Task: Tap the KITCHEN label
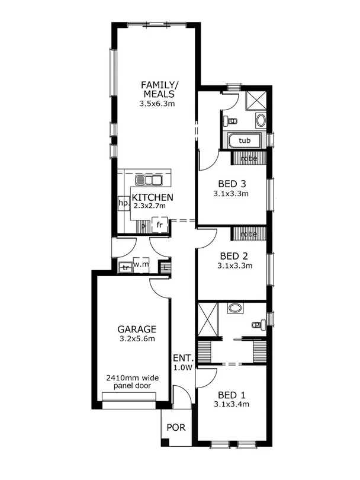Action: pyautogui.click(x=152, y=197)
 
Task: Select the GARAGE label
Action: pyautogui.click(x=136, y=329)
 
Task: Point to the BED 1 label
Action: pyautogui.click(x=232, y=395)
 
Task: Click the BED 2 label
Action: pyautogui.click(x=234, y=256)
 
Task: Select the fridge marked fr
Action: pyautogui.click(x=159, y=225)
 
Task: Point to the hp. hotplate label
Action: pyautogui.click(x=124, y=203)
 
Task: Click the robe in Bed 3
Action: pyautogui.click(x=249, y=158)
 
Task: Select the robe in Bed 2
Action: pyautogui.click(x=249, y=234)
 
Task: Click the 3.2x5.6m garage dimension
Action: pyautogui.click(x=136, y=340)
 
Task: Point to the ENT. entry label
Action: pyautogui.click(x=182, y=358)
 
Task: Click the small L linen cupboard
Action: pyautogui.click(x=166, y=267)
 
